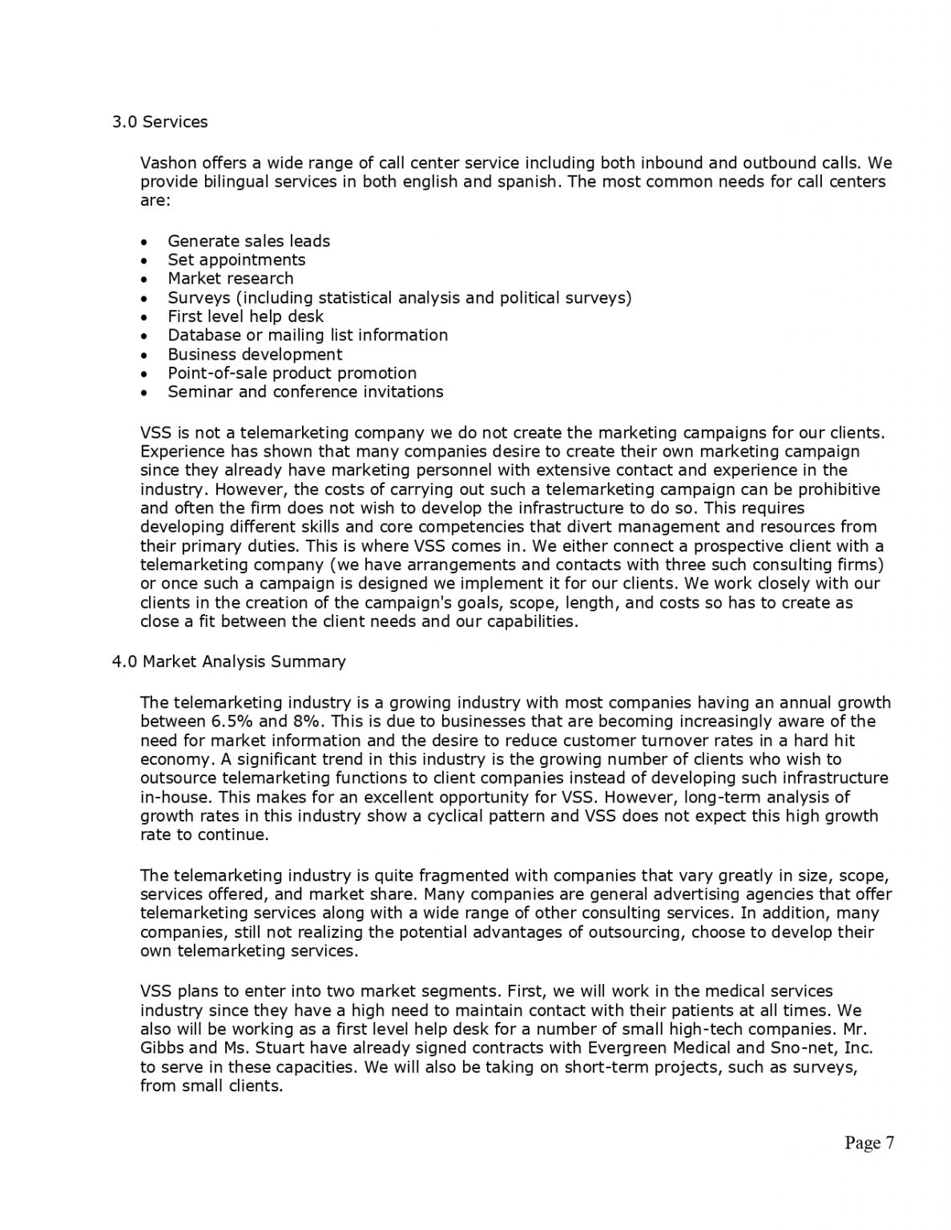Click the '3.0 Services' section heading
[159, 122]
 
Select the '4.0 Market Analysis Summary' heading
[228, 661]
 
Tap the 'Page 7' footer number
[869, 1143]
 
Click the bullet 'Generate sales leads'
[248, 241]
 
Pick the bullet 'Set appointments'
[236, 259]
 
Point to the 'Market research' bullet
[230, 279]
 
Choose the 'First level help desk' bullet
[245, 316]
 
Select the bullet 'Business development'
[255, 354]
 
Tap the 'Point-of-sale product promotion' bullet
[292, 373]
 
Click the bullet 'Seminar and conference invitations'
[305, 392]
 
